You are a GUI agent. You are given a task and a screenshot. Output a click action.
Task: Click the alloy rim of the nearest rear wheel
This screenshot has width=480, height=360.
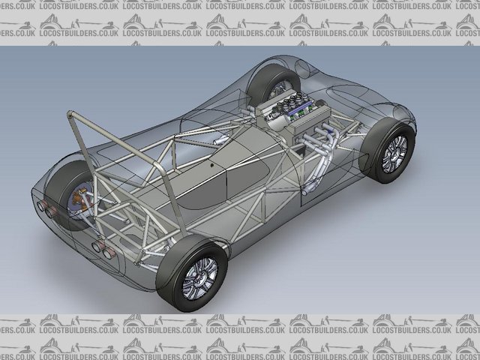click(199, 278)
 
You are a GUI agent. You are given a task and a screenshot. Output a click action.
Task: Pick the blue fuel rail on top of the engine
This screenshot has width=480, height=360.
click(298, 111)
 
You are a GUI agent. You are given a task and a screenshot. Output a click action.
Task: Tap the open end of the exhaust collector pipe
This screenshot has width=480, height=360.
click(305, 192)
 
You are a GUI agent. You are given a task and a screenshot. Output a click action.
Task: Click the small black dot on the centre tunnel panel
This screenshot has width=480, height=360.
click(212, 165)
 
